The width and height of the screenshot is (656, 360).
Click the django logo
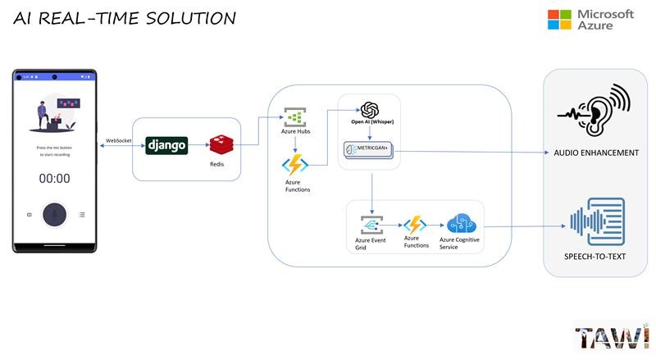click(x=167, y=145)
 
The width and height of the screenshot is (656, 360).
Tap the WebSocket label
click(x=119, y=141)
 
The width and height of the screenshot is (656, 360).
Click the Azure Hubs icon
click(x=294, y=116)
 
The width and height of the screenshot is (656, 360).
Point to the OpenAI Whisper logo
click(x=369, y=110)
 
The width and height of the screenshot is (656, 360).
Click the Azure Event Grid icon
click(x=372, y=225)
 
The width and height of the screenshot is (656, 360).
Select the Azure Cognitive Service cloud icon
click(x=459, y=224)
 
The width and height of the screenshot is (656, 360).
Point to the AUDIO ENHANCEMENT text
click(x=596, y=153)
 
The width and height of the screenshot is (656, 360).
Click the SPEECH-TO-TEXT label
click(x=596, y=257)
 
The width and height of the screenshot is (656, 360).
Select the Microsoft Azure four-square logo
click(x=559, y=20)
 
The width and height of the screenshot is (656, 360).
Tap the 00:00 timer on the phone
click(x=55, y=178)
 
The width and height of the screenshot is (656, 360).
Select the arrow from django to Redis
click(x=198, y=145)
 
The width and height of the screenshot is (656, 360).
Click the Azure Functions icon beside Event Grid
click(x=415, y=224)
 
